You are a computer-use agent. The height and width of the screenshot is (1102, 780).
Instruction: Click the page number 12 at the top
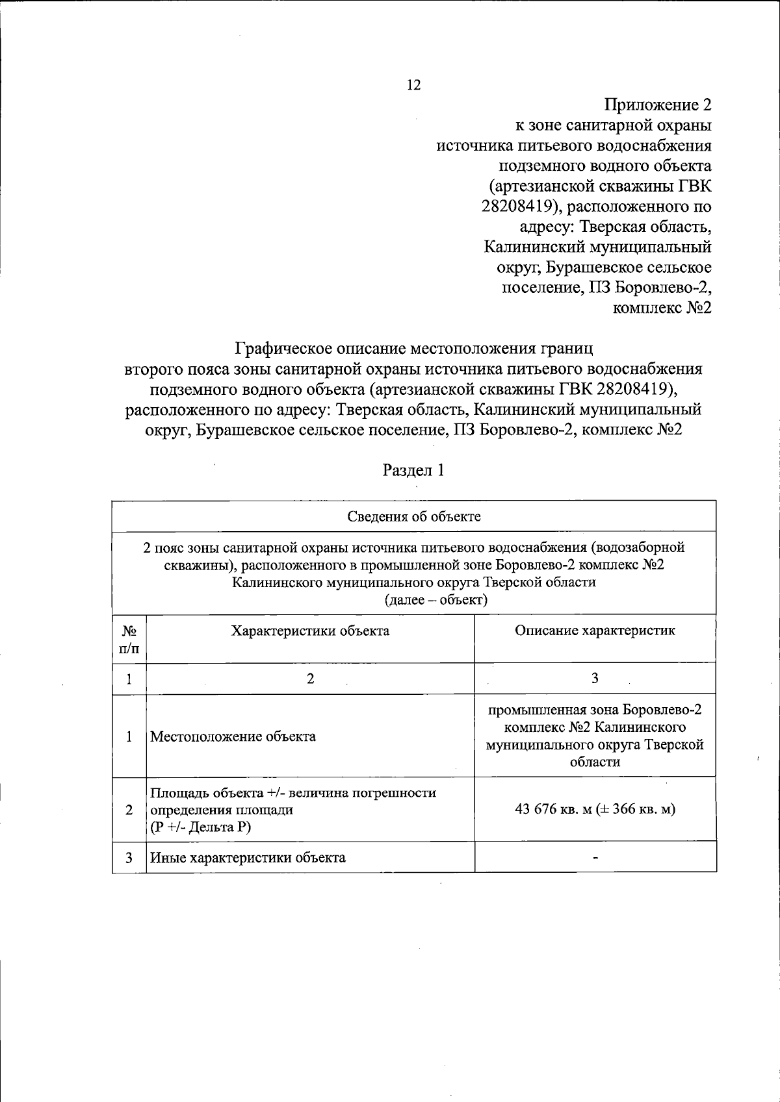click(x=413, y=85)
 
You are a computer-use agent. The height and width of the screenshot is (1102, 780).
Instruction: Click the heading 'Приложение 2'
click(x=657, y=105)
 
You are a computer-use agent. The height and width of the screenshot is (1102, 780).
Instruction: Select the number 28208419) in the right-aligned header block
click(x=517, y=207)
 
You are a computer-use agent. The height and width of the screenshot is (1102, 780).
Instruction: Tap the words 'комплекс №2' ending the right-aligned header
click(x=662, y=308)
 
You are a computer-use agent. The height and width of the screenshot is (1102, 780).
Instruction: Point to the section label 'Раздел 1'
click(x=413, y=470)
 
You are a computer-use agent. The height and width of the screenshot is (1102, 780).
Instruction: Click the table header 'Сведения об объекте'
click(x=413, y=516)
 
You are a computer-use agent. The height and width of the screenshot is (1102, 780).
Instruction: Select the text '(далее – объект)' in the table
click(x=435, y=599)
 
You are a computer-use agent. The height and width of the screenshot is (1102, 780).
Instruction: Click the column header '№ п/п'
click(x=129, y=639)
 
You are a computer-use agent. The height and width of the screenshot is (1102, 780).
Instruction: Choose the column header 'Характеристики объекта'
click(x=310, y=631)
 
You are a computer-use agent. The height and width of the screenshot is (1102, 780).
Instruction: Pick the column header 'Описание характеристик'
click(x=594, y=631)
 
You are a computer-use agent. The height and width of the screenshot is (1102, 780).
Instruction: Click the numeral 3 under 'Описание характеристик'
click(x=594, y=679)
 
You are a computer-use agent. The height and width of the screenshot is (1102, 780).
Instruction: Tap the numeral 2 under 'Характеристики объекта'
click(x=310, y=679)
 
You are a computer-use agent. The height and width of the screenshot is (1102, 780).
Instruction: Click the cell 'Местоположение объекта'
click(x=233, y=736)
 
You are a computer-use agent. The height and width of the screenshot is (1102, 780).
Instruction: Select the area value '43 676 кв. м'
click(x=556, y=809)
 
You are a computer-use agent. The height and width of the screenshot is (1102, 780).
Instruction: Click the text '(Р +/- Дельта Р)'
click(x=200, y=827)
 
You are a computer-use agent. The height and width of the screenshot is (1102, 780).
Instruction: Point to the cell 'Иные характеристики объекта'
click(x=248, y=857)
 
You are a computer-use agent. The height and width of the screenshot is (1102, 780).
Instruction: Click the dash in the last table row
click(x=595, y=858)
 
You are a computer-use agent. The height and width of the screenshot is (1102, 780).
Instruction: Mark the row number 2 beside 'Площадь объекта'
click(x=129, y=810)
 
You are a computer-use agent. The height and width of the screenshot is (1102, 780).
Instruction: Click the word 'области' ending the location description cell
click(x=594, y=762)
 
